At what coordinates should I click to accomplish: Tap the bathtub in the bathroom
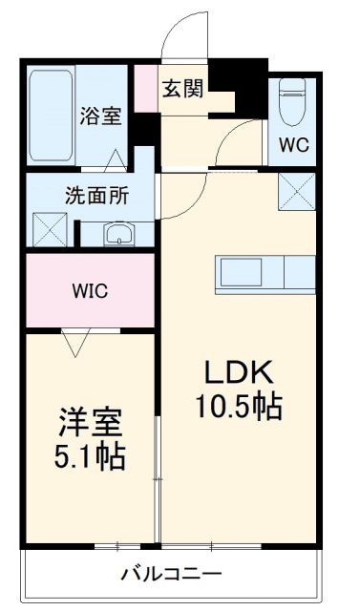pyautogui.click(x=47, y=116)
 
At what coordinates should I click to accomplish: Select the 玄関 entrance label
pyautogui.click(x=181, y=89)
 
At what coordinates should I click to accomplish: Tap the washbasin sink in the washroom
pyautogui.click(x=118, y=234)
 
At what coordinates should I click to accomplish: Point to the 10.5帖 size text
pyautogui.click(x=239, y=409)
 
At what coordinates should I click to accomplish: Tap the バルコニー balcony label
pyautogui.click(x=167, y=575)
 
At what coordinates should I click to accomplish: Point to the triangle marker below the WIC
pyautogui.click(x=74, y=340)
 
